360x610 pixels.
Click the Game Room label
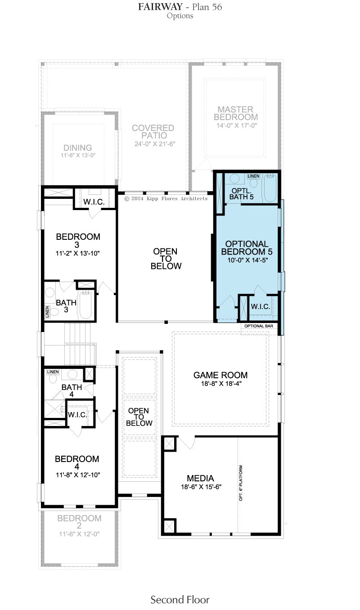220,375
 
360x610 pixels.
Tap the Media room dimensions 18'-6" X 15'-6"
201,487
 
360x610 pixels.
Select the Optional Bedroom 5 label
247,247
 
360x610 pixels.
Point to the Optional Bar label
259,326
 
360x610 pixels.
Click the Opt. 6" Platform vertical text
241,483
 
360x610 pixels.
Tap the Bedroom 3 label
78,241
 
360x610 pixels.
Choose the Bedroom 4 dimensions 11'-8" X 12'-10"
78,475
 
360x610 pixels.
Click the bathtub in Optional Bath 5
270,188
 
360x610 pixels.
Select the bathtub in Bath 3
86,305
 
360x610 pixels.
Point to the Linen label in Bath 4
53,372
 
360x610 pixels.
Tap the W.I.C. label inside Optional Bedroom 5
261,307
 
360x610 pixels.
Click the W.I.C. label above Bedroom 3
94,202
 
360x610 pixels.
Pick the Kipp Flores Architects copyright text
166,198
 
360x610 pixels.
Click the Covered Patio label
153,131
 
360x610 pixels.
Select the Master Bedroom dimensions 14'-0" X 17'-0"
237,126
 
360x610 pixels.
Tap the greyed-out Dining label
77,148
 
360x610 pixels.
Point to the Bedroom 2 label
79,522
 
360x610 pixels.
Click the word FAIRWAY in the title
160,7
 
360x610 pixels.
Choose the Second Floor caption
180,599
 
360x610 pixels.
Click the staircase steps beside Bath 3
77,344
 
